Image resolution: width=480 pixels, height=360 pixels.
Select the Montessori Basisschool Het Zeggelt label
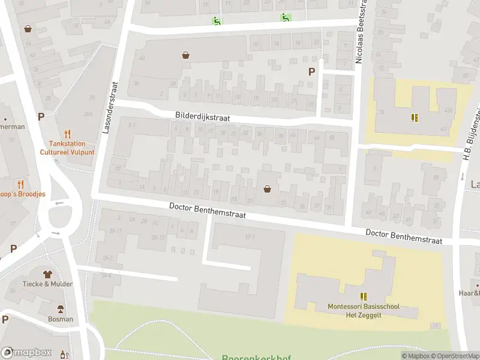364,311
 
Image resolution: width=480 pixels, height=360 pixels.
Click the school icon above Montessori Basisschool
364,296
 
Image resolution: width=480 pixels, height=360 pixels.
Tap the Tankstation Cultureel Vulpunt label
68,148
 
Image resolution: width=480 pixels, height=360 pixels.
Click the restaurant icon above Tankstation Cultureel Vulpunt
68,134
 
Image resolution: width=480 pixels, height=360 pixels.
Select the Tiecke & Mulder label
48,284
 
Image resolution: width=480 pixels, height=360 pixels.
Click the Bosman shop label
61,319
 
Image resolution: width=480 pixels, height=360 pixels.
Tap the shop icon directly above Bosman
61,308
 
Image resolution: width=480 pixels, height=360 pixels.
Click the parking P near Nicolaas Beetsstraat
311,71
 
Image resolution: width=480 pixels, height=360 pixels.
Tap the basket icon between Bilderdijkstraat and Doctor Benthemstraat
267,189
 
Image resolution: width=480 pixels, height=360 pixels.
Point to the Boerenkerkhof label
256,358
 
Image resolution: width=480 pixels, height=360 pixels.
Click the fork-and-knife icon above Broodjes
21,184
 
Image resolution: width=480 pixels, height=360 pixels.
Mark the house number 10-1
250,236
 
